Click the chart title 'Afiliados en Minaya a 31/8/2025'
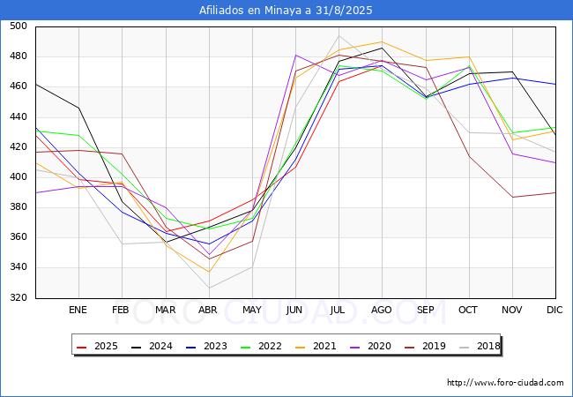click(x=286, y=11)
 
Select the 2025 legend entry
click(x=98, y=346)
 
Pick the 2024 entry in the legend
click(x=152, y=346)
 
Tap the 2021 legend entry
click(x=316, y=346)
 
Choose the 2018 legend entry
click(x=480, y=346)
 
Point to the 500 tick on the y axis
click(x=19, y=26)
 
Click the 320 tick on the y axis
click(x=19, y=297)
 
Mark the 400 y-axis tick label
click(x=19, y=177)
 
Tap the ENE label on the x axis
click(x=78, y=310)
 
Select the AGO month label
click(x=382, y=310)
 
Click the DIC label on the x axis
click(x=554, y=310)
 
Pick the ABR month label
click(x=208, y=310)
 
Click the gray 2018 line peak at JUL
click(x=339, y=36)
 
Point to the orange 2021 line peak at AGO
click(x=383, y=41)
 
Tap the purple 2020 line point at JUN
click(x=295, y=56)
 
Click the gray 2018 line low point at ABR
click(x=209, y=288)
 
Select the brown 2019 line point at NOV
click(x=513, y=198)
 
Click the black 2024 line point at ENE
click(x=79, y=108)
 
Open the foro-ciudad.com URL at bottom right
click(x=505, y=383)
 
